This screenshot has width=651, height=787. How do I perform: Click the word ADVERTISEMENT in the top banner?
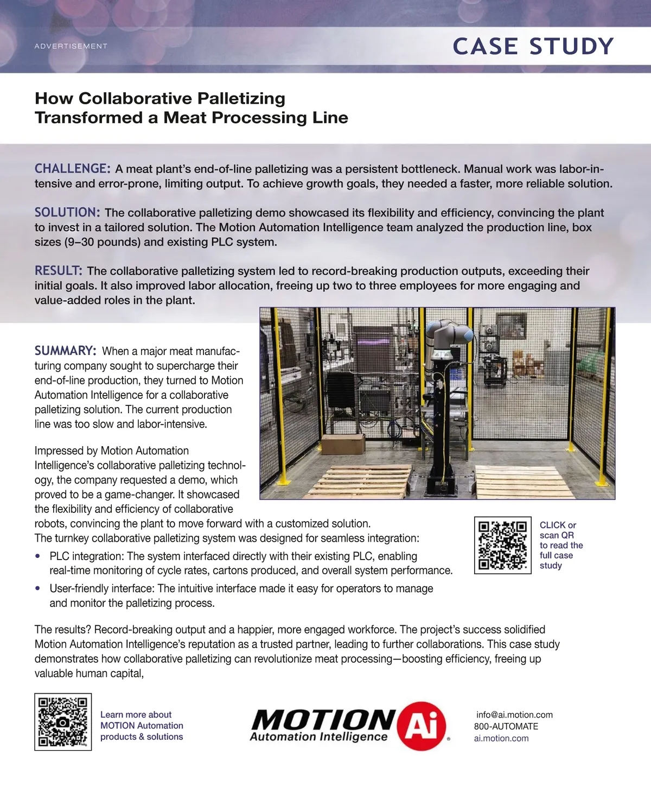point(71,46)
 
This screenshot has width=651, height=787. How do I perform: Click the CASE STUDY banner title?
point(533,47)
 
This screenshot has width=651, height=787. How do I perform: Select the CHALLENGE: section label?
point(73,169)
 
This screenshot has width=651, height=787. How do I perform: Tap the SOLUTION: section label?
point(67,213)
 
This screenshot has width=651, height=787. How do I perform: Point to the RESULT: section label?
point(59,271)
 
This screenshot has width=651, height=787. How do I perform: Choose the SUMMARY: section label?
point(66,351)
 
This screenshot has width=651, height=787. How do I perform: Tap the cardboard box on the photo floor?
point(342,443)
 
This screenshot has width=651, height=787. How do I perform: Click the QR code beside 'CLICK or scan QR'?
point(503,545)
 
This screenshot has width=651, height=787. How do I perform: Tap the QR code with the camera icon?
point(63,722)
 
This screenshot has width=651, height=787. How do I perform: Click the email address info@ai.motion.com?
point(514,715)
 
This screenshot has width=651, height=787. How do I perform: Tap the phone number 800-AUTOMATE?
point(506,726)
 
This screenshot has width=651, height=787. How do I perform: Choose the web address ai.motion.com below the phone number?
point(501,738)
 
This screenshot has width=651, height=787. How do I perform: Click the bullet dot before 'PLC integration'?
point(38,556)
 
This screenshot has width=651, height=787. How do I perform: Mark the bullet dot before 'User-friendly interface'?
point(38,588)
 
